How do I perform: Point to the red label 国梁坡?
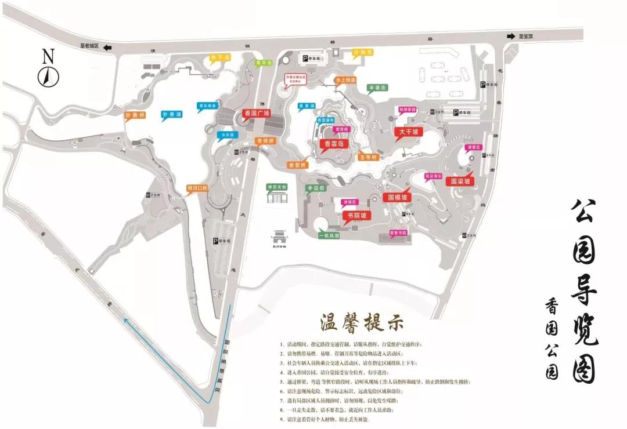pyautogui.click(x=463, y=181)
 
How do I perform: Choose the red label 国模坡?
pyautogui.click(x=398, y=197)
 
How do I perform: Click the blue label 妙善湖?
pyautogui.click(x=172, y=115)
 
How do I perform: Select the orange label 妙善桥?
pyautogui.click(x=135, y=115)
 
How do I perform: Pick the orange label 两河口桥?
pyautogui.click(x=197, y=188)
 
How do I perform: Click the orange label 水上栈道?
pyautogui.click(x=345, y=80)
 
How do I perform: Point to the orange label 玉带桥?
pyautogui.click(x=367, y=157)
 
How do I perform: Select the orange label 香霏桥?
pyautogui.click(x=297, y=165)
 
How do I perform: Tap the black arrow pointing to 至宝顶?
pyautogui.click(x=511, y=37)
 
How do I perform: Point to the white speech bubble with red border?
pyautogui.click(x=295, y=80)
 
